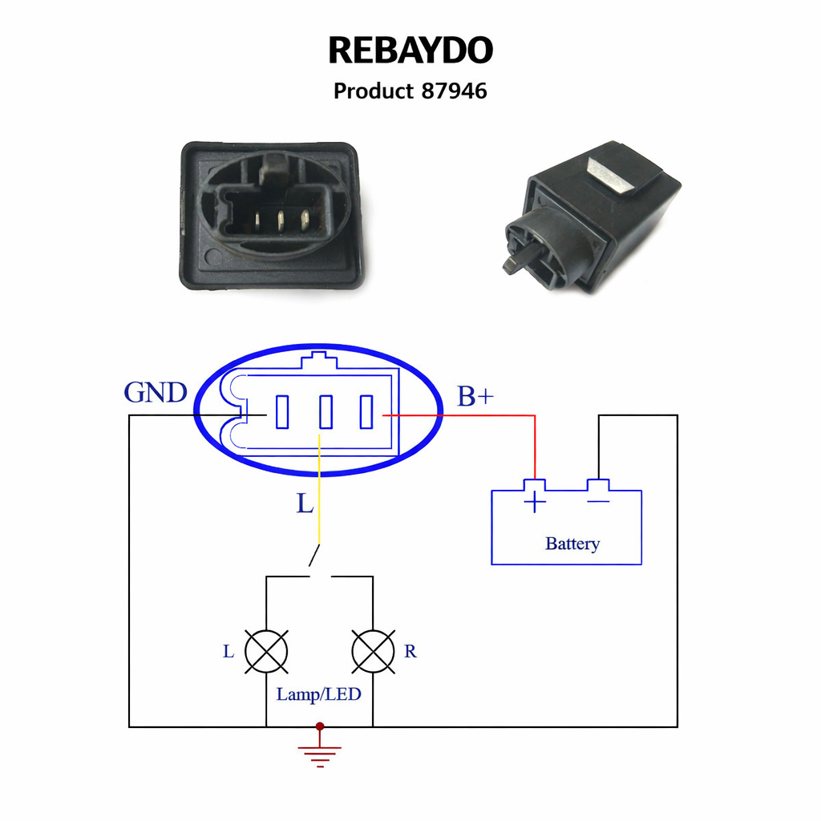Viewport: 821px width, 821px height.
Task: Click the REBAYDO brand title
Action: point(410,51)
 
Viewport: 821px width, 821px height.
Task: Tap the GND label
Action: point(156,392)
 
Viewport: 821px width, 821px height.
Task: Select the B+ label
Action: point(475,395)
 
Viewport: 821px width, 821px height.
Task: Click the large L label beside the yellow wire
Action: point(305,504)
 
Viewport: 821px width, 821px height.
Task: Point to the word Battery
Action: point(572,544)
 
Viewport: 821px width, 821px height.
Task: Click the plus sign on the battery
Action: point(535,503)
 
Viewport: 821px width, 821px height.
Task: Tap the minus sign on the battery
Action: point(598,502)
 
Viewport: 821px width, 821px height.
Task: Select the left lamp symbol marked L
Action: point(266,650)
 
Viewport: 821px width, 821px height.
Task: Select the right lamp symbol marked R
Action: point(374,650)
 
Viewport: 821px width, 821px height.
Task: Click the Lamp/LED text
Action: point(318,694)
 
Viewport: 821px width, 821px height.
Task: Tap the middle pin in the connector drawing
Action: point(325,412)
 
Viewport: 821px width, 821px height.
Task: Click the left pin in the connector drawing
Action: point(282,412)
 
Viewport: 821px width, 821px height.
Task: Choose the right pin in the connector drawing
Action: point(366,412)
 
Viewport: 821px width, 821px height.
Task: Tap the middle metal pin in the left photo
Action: point(281,218)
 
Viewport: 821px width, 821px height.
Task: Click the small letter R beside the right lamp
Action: point(410,652)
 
